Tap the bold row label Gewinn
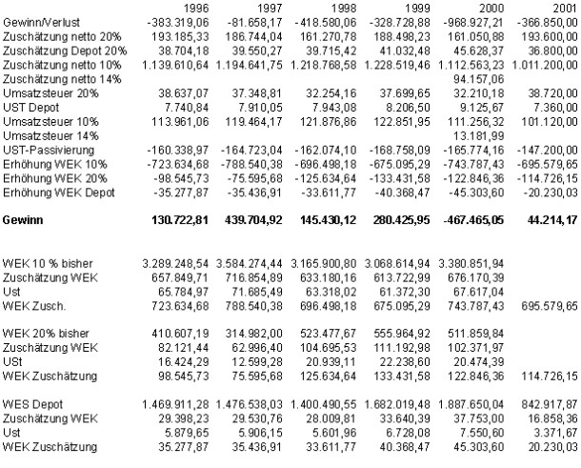(x=23, y=219)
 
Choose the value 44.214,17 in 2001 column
(x=553, y=219)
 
